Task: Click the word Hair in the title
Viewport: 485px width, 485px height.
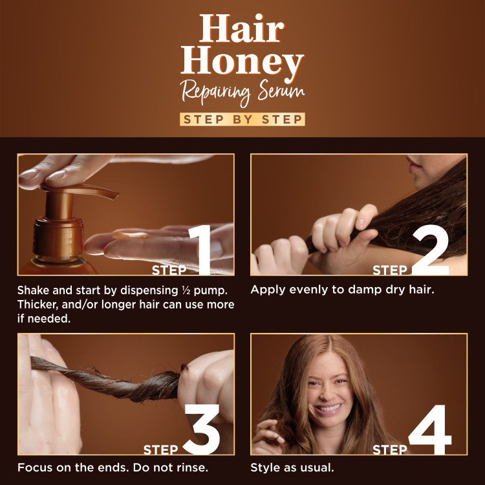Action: tap(242, 28)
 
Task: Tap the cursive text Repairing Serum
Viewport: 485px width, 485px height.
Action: tap(242, 92)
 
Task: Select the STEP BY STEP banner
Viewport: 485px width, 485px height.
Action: tap(242, 120)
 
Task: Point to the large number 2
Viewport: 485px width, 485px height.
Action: tap(429, 250)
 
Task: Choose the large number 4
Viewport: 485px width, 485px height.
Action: tap(430, 429)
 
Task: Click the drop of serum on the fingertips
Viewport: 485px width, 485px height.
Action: tap(123, 236)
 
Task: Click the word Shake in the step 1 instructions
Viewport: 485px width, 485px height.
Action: tap(34, 290)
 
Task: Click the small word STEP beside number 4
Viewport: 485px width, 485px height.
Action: tap(389, 448)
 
